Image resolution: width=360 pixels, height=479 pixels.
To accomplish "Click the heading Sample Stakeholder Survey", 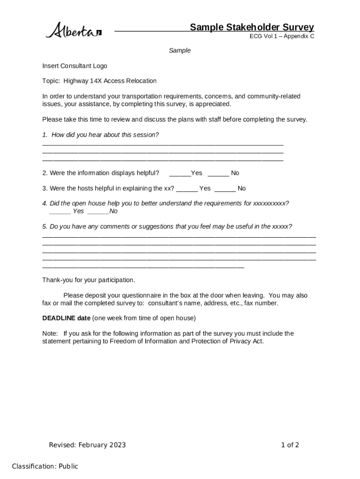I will pyautogui.click(x=252, y=27).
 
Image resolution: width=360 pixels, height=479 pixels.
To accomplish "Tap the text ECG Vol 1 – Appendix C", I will pyautogui.click(x=281, y=36).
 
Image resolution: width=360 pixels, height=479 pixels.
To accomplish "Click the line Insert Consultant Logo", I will pyautogui.click(x=74, y=66).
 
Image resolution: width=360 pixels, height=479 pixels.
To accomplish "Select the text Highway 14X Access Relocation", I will pyautogui.click(x=110, y=81).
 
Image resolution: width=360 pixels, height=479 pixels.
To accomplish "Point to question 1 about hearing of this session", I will pyautogui.click(x=101, y=135).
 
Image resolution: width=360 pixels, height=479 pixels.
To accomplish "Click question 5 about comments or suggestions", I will pyautogui.click(x=167, y=226).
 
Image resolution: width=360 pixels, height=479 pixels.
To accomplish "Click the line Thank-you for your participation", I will pyautogui.click(x=88, y=280).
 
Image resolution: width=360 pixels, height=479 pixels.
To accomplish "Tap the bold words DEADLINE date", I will pyautogui.click(x=66, y=318).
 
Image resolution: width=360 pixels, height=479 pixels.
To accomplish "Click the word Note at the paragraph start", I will pyautogui.click(x=50, y=334).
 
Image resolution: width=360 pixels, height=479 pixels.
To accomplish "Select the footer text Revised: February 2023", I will pyautogui.click(x=87, y=445).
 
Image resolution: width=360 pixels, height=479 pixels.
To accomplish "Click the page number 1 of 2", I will pyautogui.click(x=290, y=445).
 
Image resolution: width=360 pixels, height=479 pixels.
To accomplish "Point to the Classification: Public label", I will pyautogui.click(x=45, y=466).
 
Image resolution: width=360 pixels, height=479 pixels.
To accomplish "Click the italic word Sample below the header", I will pyautogui.click(x=180, y=51).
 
